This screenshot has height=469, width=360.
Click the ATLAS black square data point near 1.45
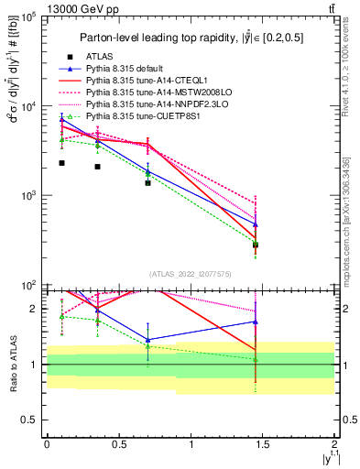[x=256, y=245]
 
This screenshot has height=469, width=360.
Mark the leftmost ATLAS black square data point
[x=61, y=163]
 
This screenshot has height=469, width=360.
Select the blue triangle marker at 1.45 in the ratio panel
[x=256, y=322]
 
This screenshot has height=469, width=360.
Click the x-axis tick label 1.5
[x=263, y=444]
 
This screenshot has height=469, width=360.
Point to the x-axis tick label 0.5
[x=118, y=444]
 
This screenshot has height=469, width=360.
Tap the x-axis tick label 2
[x=335, y=444]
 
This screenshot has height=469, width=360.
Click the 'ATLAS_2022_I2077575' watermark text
[x=191, y=274]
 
